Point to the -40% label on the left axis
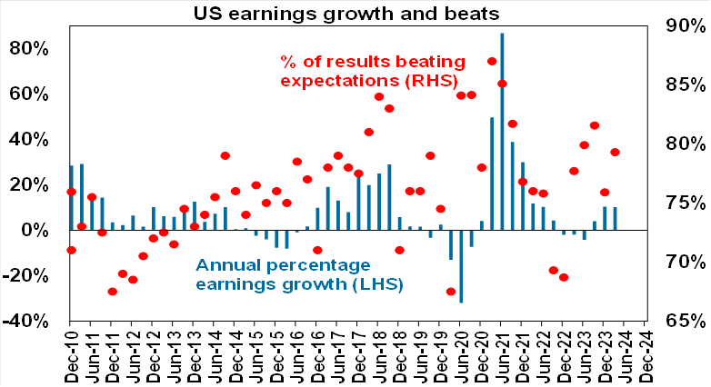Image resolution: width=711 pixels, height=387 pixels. point(29,321)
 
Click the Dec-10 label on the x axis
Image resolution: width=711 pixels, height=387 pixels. point(71,354)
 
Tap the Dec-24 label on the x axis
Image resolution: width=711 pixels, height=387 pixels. point(645,354)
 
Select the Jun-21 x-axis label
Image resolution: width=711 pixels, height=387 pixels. point(501,354)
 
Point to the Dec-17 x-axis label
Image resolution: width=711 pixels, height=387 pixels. point(358,354)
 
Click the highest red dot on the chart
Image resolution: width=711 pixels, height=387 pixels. point(492,62)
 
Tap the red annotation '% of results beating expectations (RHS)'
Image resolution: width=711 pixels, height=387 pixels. point(372,70)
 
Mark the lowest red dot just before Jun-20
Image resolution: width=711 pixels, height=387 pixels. point(451,292)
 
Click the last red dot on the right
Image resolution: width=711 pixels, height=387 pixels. point(615,153)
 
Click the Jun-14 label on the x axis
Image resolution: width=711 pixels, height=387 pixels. point(215,354)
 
